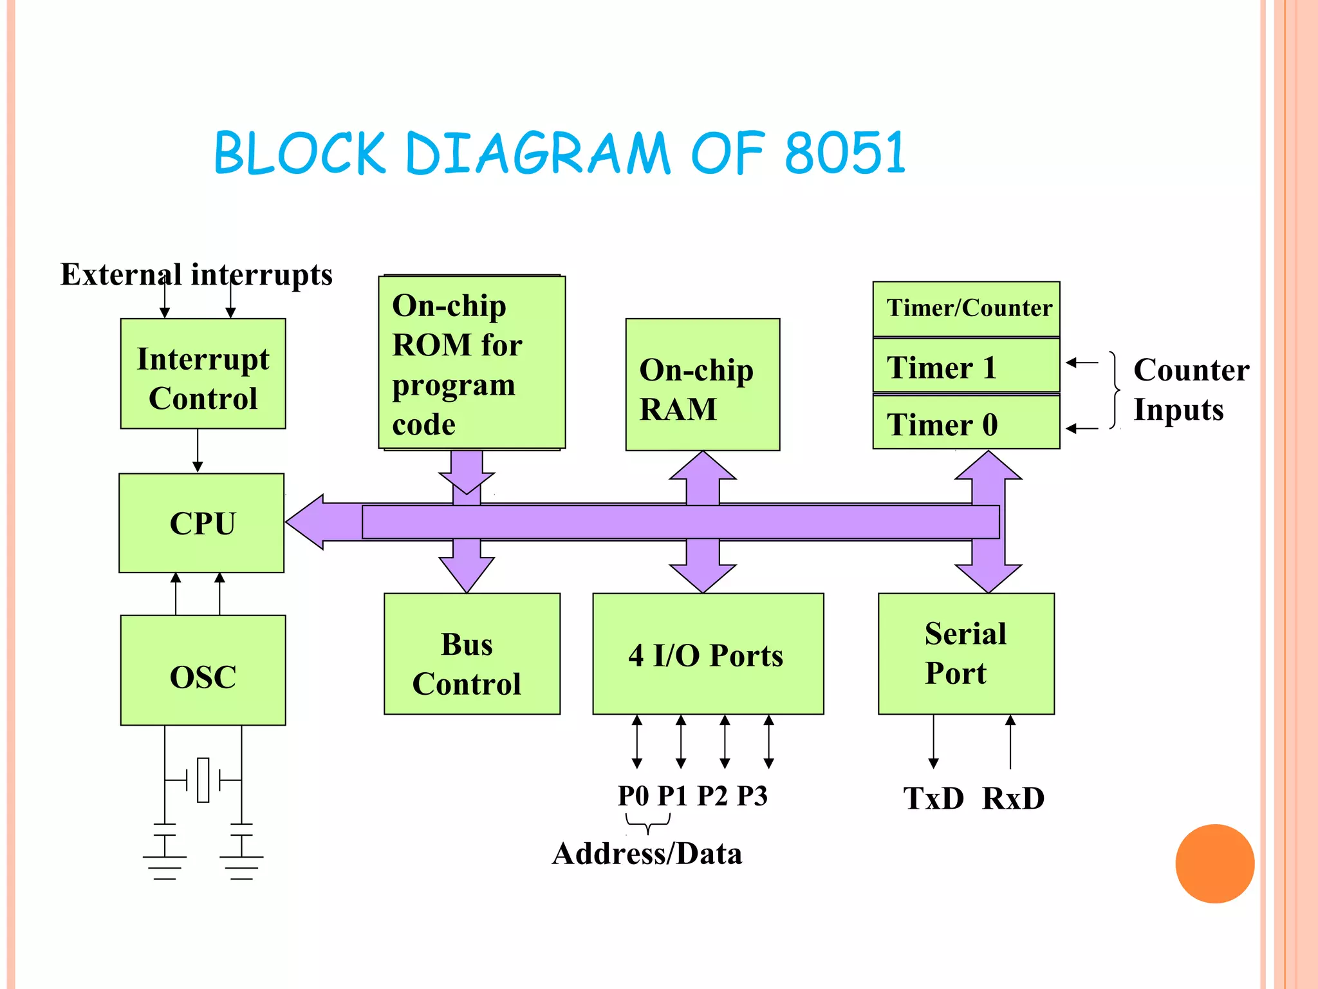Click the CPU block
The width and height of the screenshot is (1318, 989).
tap(201, 523)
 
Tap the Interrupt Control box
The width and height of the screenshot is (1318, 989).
tap(203, 374)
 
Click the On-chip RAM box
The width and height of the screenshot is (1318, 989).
tap(702, 385)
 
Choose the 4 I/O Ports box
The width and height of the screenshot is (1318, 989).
tap(707, 654)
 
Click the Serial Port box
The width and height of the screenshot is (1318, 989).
tap(965, 654)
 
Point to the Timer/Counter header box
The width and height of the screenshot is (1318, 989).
tap(965, 308)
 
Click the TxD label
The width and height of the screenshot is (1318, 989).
tap(933, 798)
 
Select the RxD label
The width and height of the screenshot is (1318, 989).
tap(1013, 798)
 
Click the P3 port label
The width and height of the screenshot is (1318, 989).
tap(752, 796)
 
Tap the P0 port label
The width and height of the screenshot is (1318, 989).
tap(633, 796)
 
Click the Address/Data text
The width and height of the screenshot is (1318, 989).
tap(647, 854)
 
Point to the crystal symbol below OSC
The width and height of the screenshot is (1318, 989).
tap(203, 780)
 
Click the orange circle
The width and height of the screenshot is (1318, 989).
tap(1214, 863)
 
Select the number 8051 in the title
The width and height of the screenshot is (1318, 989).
tap(845, 153)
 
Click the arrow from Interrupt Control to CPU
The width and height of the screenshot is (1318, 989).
tap(198, 451)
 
